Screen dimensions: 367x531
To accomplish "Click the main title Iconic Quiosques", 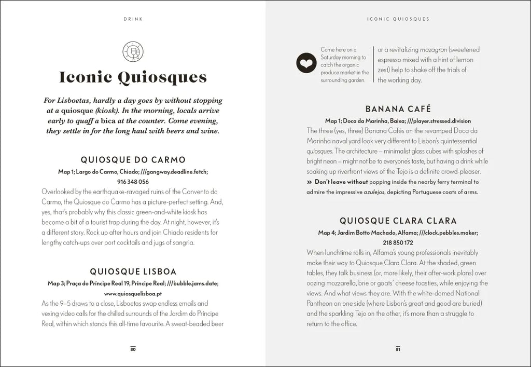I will pyautogui.click(x=133, y=77).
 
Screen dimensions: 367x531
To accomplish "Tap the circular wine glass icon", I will pyautogui.click(x=133, y=51).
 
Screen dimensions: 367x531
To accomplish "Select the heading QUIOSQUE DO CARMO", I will pyautogui.click(x=133, y=160).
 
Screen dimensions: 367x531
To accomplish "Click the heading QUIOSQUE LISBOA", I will pyautogui.click(x=133, y=271).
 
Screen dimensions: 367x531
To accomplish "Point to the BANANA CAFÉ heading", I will pyautogui.click(x=398, y=109).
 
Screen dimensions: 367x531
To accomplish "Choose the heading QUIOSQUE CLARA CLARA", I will pyautogui.click(x=398, y=221).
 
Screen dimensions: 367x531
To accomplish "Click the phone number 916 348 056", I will pyautogui.click(x=133, y=182).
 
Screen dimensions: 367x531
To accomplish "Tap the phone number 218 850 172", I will pyautogui.click(x=398, y=242).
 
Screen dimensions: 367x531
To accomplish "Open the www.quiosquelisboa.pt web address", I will pyautogui.click(x=133, y=293).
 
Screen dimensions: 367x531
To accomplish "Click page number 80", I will pyautogui.click(x=133, y=349).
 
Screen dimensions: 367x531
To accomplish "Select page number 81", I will pyautogui.click(x=398, y=349).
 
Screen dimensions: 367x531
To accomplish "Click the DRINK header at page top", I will pyautogui.click(x=133, y=19).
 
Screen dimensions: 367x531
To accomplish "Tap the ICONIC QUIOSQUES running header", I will pyautogui.click(x=398, y=19).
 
